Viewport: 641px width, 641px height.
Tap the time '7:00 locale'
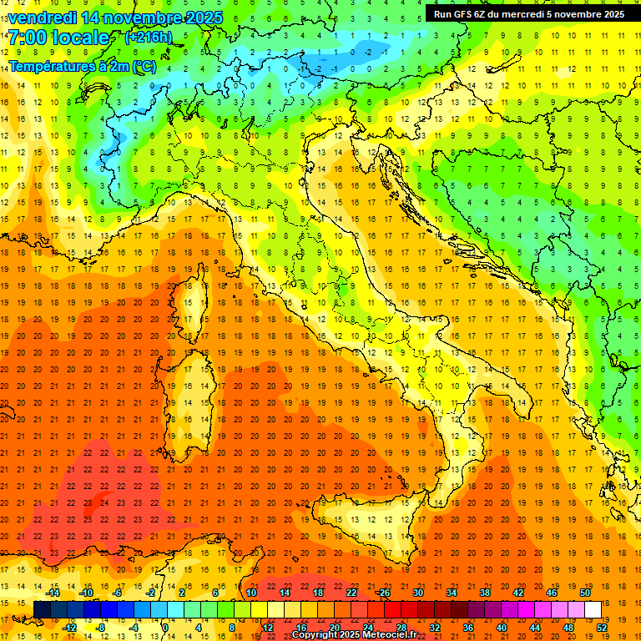click(x=58, y=38)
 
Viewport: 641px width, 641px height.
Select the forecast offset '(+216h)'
click(x=149, y=38)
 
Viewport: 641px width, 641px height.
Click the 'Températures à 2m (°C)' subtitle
click(x=83, y=65)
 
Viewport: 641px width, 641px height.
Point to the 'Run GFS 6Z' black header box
click(x=529, y=13)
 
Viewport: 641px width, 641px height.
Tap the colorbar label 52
click(x=602, y=627)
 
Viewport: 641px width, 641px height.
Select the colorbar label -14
click(x=53, y=592)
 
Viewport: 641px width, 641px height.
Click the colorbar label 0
click(x=165, y=627)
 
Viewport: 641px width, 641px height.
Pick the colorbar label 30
click(x=418, y=592)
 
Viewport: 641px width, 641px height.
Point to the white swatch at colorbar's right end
click(x=593, y=609)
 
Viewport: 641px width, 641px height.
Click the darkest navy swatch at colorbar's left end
click(x=42, y=609)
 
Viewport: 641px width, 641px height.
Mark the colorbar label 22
click(x=351, y=592)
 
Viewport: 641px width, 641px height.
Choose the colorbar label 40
click(x=502, y=627)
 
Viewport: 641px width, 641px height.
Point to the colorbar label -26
click(x=383, y=592)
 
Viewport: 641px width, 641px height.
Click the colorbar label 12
click(x=267, y=627)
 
